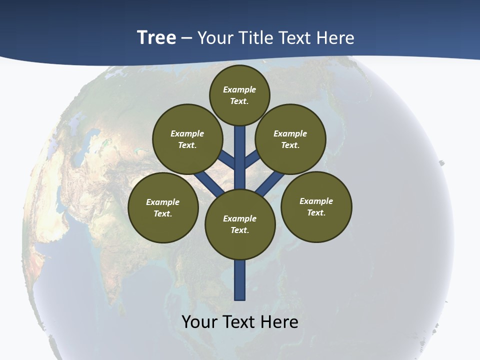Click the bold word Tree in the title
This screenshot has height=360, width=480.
(x=156, y=38)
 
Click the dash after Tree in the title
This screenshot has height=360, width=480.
(x=186, y=38)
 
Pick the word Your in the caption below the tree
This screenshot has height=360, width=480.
(x=200, y=322)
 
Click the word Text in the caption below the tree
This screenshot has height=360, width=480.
(x=239, y=322)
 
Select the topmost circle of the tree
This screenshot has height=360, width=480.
(x=239, y=95)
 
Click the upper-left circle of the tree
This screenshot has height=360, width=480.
(x=187, y=139)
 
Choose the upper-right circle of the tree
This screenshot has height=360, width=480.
(x=290, y=139)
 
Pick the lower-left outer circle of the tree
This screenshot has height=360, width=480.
(x=163, y=207)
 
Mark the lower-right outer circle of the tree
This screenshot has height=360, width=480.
(x=316, y=206)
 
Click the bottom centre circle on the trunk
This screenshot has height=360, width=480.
(x=240, y=224)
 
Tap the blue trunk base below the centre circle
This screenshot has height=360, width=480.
(x=240, y=280)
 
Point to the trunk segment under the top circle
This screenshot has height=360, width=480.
(x=240, y=150)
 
